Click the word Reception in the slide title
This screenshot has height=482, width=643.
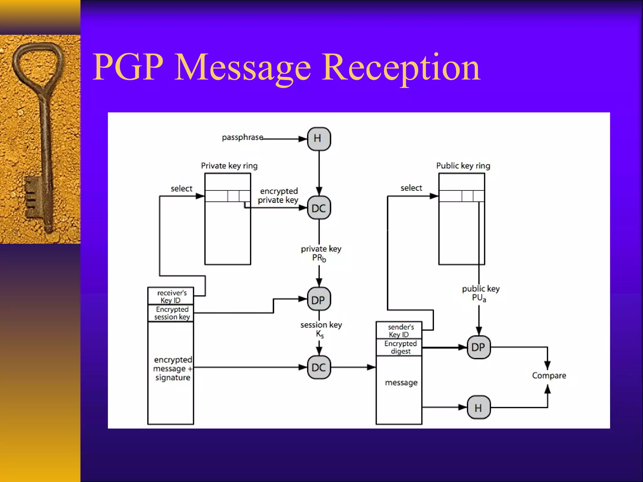click(401, 67)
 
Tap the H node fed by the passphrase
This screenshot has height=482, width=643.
click(319, 139)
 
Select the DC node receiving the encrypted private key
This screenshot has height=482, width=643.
click(319, 208)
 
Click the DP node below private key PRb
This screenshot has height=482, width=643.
click(319, 299)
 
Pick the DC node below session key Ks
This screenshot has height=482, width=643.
click(319, 367)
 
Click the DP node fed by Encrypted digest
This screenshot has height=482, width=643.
click(478, 347)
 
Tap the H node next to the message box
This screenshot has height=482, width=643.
click(478, 407)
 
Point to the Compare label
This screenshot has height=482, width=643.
click(549, 375)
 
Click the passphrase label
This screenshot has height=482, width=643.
click(242, 137)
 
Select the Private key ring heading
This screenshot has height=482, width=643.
click(229, 166)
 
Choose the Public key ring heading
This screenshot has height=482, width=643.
click(463, 166)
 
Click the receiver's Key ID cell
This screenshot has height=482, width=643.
click(171, 296)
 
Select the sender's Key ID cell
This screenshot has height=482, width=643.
click(399, 330)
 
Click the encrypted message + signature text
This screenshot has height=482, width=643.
click(172, 368)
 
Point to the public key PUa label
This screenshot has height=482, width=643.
click(480, 293)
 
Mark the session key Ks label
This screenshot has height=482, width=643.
click(321, 329)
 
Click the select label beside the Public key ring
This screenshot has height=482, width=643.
click(411, 188)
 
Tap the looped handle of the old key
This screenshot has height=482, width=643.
click(38, 63)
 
